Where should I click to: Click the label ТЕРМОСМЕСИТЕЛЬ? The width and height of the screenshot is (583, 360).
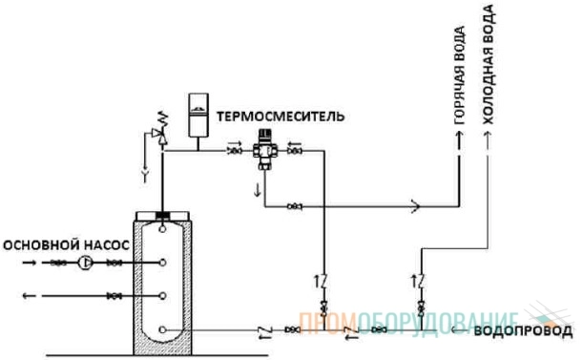pos(281,116)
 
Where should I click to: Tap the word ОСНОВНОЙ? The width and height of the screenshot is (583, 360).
pos(41,245)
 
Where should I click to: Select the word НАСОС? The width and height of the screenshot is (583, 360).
pos(107,245)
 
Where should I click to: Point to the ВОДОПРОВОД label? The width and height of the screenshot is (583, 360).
pos(523,331)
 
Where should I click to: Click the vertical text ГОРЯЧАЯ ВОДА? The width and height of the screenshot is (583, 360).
pos(460,75)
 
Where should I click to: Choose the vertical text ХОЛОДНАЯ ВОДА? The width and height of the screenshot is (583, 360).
pos(489,64)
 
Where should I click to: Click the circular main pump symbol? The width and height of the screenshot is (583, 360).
pos(85,263)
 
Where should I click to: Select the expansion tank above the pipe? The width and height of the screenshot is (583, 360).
pos(198,116)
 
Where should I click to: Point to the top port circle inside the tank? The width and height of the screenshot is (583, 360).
pos(162,228)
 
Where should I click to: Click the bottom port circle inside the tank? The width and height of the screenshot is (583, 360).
pos(162,329)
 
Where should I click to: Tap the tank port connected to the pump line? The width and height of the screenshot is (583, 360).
pos(162,263)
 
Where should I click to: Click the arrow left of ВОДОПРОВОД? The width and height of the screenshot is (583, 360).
pos(459,329)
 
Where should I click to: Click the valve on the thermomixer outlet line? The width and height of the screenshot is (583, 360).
pos(295,206)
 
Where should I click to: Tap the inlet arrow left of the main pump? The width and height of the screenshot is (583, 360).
pos(30,263)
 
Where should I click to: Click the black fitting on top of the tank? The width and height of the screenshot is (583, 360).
pos(162,215)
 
